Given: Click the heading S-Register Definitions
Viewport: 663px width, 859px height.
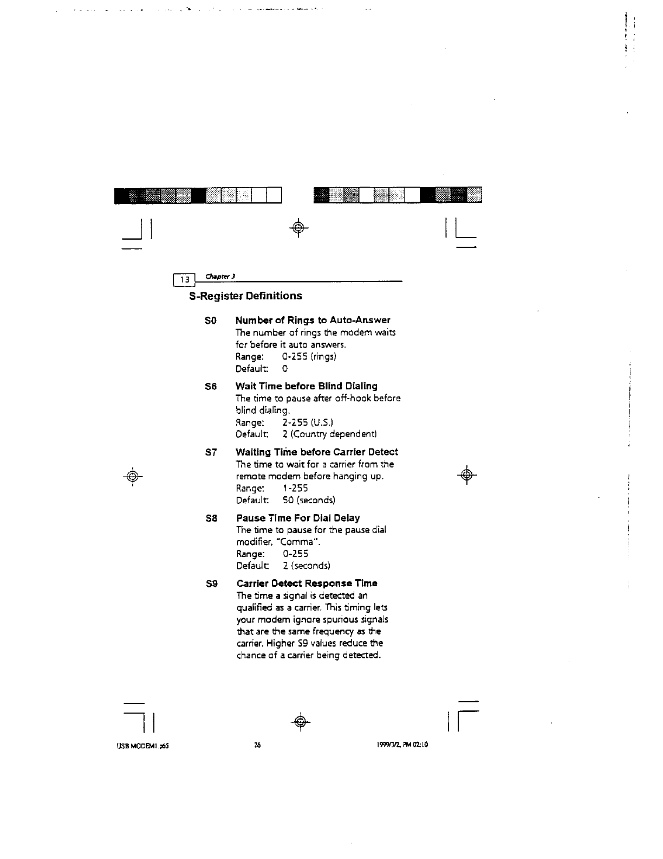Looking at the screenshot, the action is pyautogui.click(x=245, y=296).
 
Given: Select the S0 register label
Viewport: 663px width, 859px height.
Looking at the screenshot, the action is pyautogui.click(x=211, y=320).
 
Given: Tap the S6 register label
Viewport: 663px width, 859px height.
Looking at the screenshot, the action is pyautogui.click(x=211, y=387).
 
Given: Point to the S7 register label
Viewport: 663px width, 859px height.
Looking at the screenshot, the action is pyautogui.click(x=211, y=452).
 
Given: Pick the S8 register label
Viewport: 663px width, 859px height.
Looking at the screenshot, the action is pyautogui.click(x=211, y=518).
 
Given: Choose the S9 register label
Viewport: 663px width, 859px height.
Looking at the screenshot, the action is pyautogui.click(x=211, y=584).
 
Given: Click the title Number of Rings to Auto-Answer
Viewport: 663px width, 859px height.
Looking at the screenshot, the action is pyautogui.click(x=313, y=320).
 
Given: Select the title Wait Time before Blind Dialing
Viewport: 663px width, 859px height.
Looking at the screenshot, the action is pyautogui.click(x=306, y=386).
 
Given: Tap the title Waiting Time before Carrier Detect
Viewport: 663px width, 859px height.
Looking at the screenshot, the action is pyautogui.click(x=317, y=452).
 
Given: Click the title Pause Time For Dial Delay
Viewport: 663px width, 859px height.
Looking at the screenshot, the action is pyautogui.click(x=298, y=518).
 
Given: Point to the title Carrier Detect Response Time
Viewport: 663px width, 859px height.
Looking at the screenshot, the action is pyautogui.click(x=307, y=584).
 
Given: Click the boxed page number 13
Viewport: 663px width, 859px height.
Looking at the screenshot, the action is pyautogui.click(x=185, y=280).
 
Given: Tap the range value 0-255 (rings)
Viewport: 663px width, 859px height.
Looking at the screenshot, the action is pyautogui.click(x=309, y=357).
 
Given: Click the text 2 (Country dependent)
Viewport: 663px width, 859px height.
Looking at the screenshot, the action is pyautogui.click(x=329, y=434).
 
